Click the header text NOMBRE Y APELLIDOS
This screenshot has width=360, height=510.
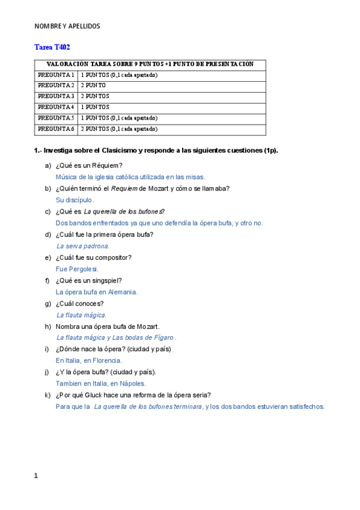point(67,26)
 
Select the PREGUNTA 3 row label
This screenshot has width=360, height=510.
point(56,96)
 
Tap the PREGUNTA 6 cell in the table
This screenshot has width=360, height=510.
point(56,129)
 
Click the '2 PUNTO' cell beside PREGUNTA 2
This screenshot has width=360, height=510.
point(94,85)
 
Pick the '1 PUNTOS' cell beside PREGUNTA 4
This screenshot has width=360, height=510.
point(96,107)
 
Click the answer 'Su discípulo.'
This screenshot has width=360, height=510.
point(75,200)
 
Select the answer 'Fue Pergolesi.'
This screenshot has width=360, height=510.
point(77,269)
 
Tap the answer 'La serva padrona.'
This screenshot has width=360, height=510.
point(83,246)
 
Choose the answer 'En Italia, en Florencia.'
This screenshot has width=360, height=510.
point(89,360)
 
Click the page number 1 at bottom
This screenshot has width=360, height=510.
point(36,476)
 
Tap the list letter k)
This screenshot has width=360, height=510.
point(47,395)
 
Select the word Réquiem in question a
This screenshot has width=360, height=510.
point(109,165)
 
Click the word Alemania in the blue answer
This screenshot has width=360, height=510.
point(123,292)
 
